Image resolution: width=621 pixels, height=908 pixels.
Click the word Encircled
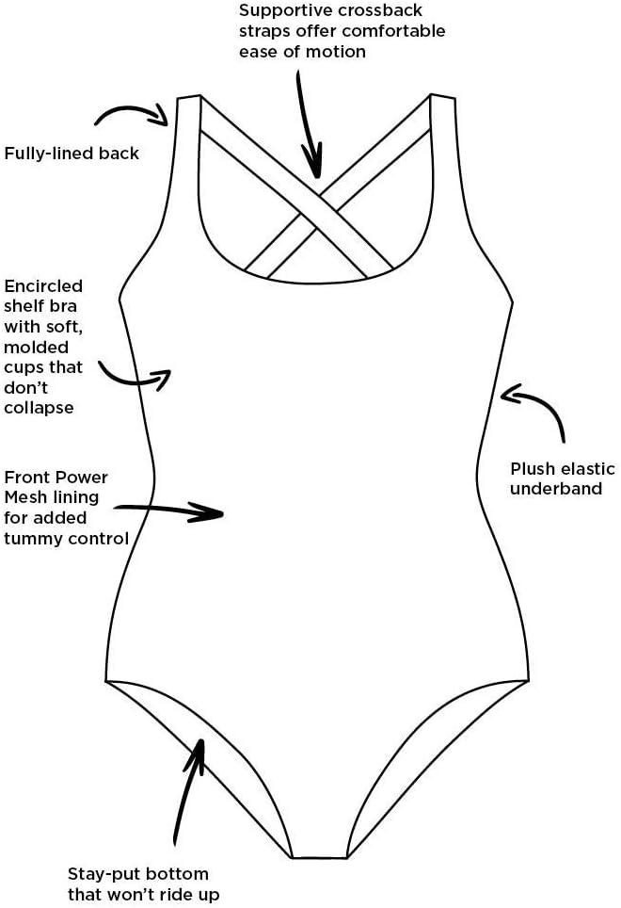coord(43,285)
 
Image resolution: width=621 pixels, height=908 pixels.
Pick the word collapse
coord(39,408)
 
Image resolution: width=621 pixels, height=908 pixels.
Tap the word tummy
coord(32,538)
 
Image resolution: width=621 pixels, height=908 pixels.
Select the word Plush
coord(531,469)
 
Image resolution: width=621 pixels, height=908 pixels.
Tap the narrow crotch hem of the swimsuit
coord(319,857)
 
